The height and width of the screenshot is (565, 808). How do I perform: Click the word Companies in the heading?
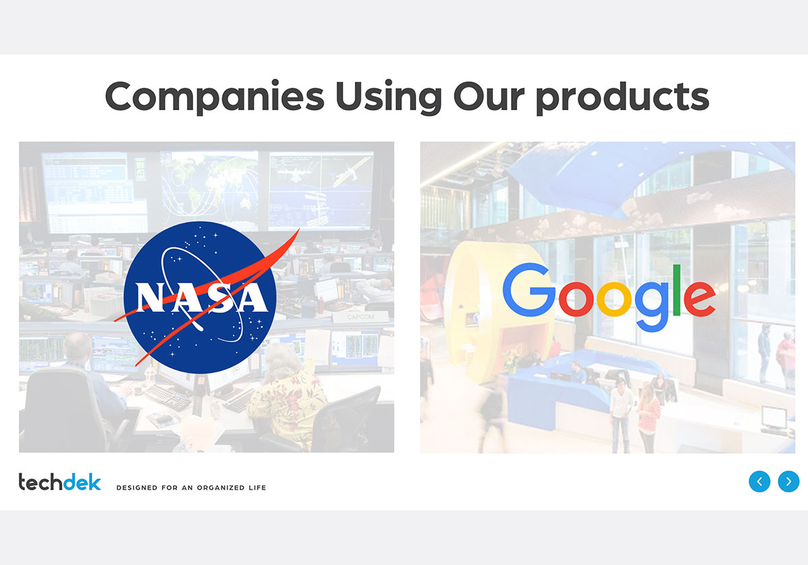tap(215, 97)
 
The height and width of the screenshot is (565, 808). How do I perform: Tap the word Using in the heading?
tap(389, 98)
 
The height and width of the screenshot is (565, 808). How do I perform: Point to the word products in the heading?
tap(623, 98)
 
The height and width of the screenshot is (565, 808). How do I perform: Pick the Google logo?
tap(609, 297)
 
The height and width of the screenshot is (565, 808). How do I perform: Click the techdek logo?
tap(60, 482)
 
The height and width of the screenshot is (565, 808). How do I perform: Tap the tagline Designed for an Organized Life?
tap(191, 488)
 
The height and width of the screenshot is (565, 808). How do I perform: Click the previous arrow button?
tap(760, 482)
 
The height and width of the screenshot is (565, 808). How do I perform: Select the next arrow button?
tap(788, 482)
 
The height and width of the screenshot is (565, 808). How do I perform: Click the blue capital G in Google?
tap(529, 290)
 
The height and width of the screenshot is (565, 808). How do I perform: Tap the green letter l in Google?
tap(677, 291)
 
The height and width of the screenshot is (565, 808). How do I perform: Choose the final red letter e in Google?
tap(700, 299)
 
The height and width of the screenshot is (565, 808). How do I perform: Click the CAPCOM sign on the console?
tap(360, 317)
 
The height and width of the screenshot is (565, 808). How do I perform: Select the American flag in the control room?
tap(30, 194)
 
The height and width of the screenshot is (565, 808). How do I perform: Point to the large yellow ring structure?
tap(498, 317)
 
